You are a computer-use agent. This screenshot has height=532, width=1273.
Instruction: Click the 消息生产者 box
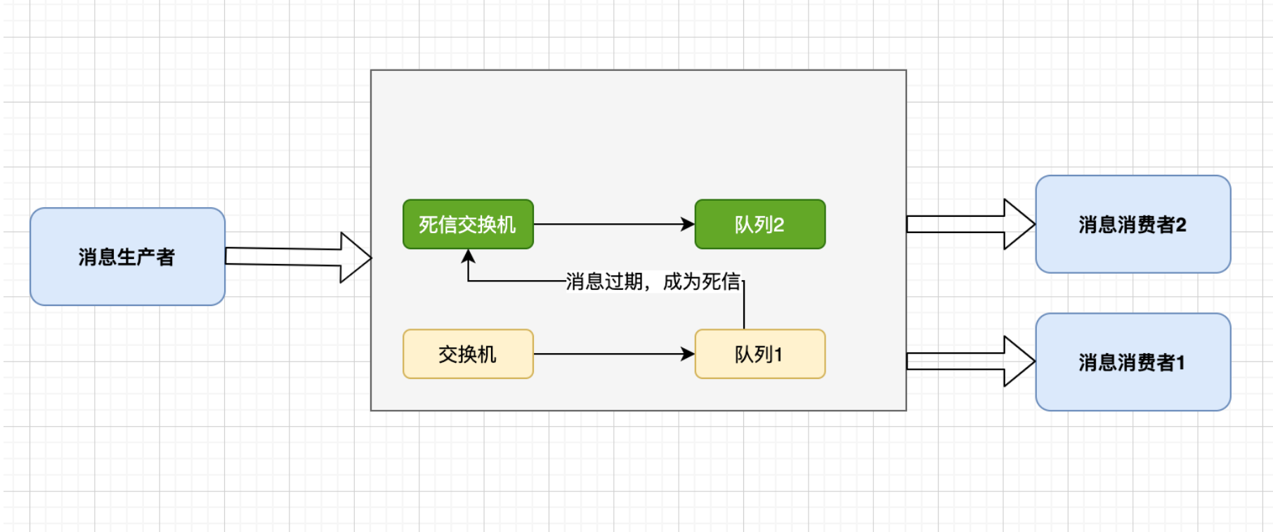pyautogui.click(x=127, y=257)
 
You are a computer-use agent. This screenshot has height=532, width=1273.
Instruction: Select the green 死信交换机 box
pyautogui.click(x=468, y=225)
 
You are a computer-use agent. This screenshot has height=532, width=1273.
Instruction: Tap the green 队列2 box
pyautogui.click(x=759, y=225)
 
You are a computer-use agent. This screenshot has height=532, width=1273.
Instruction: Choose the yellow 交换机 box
pyautogui.click(x=468, y=354)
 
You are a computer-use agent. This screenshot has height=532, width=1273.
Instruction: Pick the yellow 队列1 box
pyautogui.click(x=759, y=354)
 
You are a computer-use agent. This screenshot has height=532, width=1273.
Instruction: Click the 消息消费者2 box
pyautogui.click(x=1132, y=225)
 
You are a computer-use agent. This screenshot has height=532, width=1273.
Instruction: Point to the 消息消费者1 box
pyautogui.click(x=1132, y=362)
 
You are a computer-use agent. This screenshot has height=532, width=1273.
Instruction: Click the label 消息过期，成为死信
pyautogui.click(x=653, y=281)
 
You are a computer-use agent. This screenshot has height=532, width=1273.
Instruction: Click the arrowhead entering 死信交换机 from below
pyautogui.click(x=468, y=256)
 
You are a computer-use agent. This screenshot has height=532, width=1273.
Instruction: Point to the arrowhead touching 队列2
pyautogui.click(x=688, y=225)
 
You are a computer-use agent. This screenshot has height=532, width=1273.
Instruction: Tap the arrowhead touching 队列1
pyautogui.click(x=688, y=354)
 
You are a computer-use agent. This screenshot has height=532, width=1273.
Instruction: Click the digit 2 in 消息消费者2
pyautogui.click(x=1181, y=225)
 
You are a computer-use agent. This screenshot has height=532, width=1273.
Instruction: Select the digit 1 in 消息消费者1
pyautogui.click(x=1181, y=362)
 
